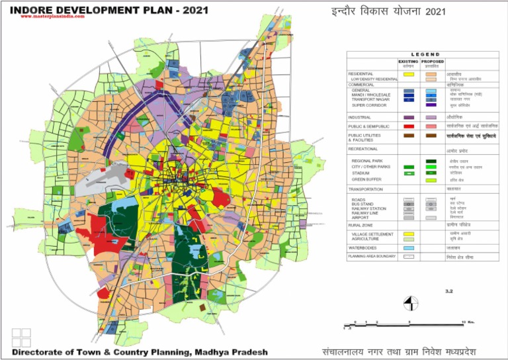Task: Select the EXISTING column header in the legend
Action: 408,61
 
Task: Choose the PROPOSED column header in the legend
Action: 432,61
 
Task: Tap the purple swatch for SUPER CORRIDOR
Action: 431,105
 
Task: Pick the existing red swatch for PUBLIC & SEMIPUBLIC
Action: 408,125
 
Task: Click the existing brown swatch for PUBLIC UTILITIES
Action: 408,136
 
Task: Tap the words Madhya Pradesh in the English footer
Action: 232,351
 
